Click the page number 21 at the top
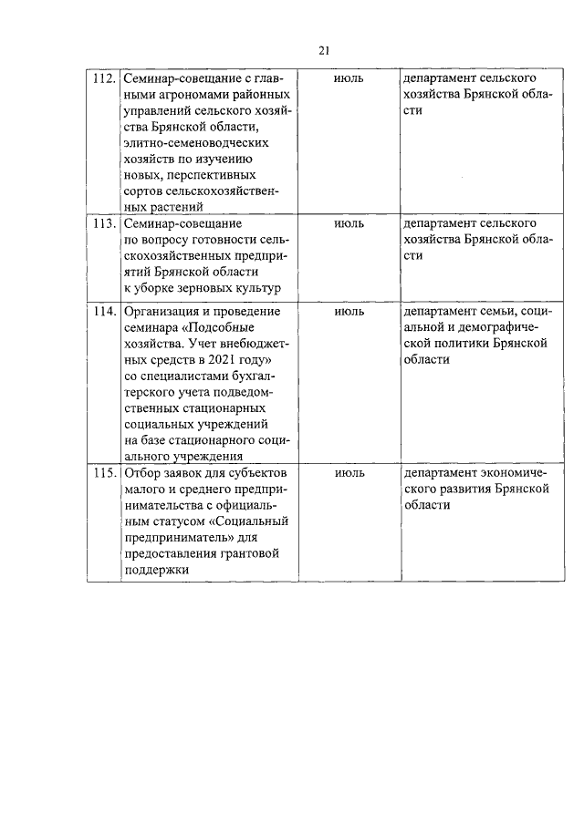coord(324,50)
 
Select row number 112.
coord(104,78)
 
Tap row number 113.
coord(104,223)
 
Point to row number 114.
coord(104,312)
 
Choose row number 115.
coord(104,474)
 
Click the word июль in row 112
coord(349,78)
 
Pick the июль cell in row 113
coord(349,223)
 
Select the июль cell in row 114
coord(349,312)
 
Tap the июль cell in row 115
coord(349,474)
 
